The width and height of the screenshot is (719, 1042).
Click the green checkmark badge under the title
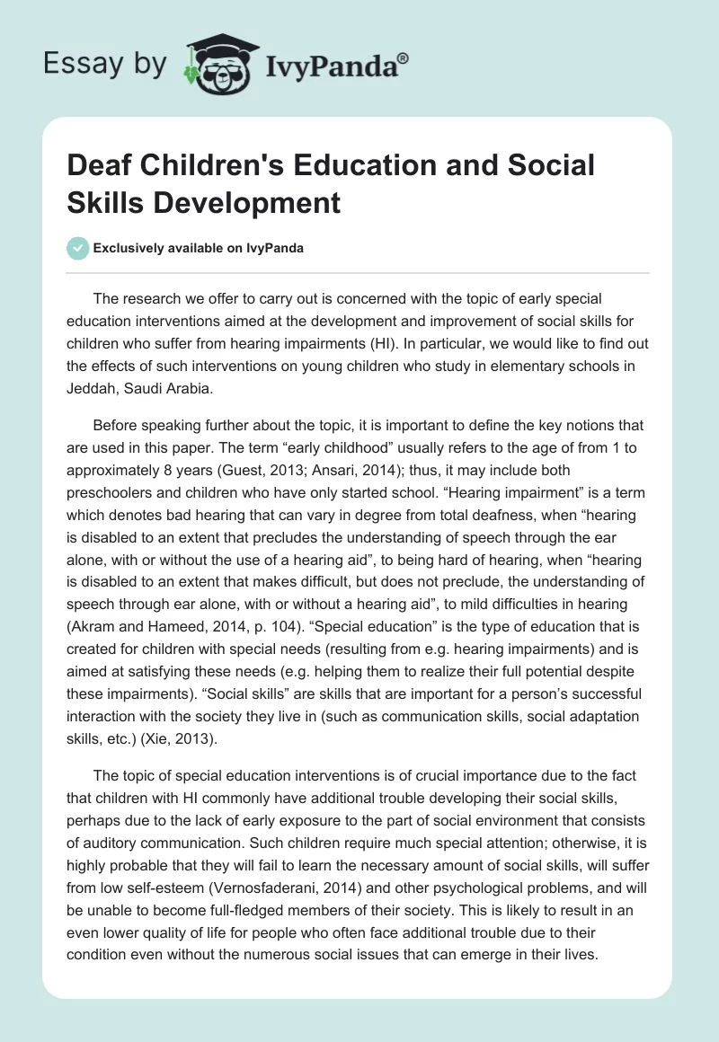pos(78,248)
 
